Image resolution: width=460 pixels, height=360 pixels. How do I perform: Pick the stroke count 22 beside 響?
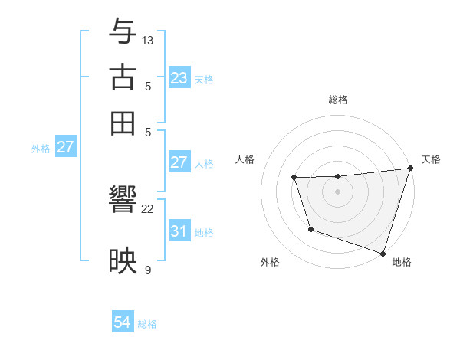point(148,208)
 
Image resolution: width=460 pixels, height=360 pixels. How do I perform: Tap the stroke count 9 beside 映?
point(148,270)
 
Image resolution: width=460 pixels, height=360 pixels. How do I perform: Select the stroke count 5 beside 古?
point(148,86)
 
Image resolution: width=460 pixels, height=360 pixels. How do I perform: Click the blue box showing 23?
point(179,78)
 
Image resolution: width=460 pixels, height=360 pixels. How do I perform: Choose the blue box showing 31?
point(179,231)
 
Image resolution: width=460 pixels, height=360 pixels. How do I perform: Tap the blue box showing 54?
point(122,323)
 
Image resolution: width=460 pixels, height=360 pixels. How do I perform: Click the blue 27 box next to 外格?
point(65,147)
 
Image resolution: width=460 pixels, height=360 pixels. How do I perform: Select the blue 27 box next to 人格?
point(179,162)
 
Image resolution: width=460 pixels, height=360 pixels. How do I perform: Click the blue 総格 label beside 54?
point(148,324)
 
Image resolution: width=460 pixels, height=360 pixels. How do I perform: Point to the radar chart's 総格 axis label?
point(337,100)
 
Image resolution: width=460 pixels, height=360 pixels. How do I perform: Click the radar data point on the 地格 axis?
point(383,253)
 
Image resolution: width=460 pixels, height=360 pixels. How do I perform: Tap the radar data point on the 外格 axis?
point(310,229)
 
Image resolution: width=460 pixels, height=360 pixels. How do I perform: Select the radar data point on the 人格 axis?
point(294,178)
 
